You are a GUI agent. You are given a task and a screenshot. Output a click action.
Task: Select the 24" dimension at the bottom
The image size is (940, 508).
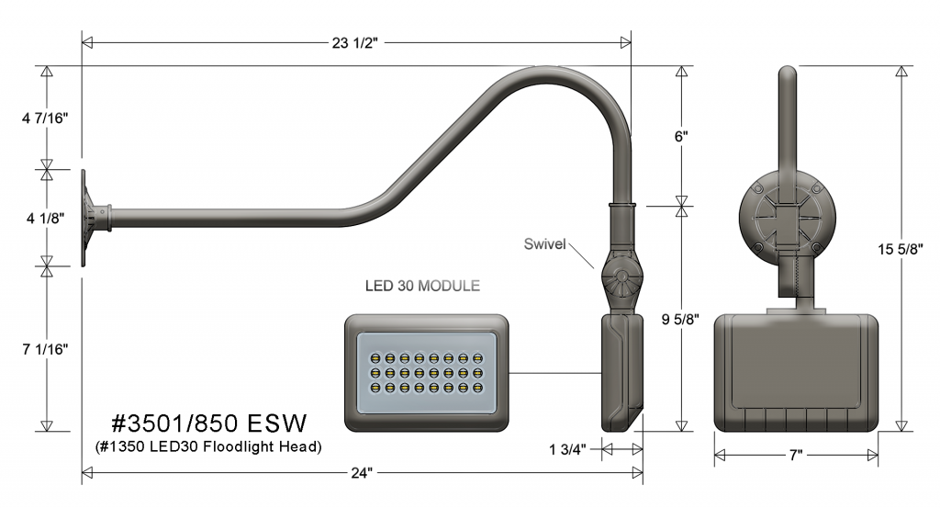point(362,474)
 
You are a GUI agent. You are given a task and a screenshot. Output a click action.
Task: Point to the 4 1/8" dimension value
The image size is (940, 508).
point(43,219)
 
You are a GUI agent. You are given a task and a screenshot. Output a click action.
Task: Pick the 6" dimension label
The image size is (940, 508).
point(680,135)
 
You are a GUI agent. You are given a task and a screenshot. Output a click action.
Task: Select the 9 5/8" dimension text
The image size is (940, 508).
point(680,319)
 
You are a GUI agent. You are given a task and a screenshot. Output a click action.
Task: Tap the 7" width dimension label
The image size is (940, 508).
point(796,455)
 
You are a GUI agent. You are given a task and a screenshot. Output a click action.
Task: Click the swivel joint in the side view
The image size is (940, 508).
point(621,278)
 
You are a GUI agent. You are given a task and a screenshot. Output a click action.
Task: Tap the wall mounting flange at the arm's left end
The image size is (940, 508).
point(90,217)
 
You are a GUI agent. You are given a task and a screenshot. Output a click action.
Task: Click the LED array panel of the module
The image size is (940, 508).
point(426,372)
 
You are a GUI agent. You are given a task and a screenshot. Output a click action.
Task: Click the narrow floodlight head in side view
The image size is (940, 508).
point(621,372)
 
